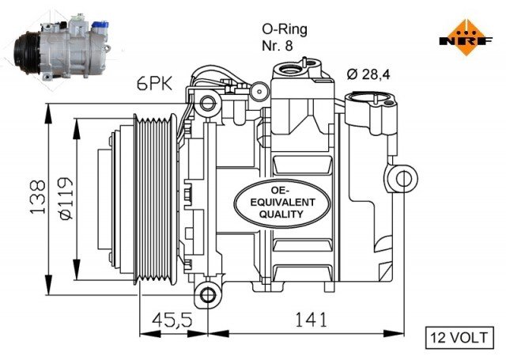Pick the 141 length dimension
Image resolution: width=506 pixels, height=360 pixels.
(312, 320)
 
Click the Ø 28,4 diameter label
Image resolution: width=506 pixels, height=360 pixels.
(367, 75)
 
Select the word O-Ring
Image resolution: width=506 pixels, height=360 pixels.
(284, 28)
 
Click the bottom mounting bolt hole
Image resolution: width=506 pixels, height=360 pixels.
(209, 294)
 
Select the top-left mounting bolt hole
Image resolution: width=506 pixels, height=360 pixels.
(207, 102)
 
